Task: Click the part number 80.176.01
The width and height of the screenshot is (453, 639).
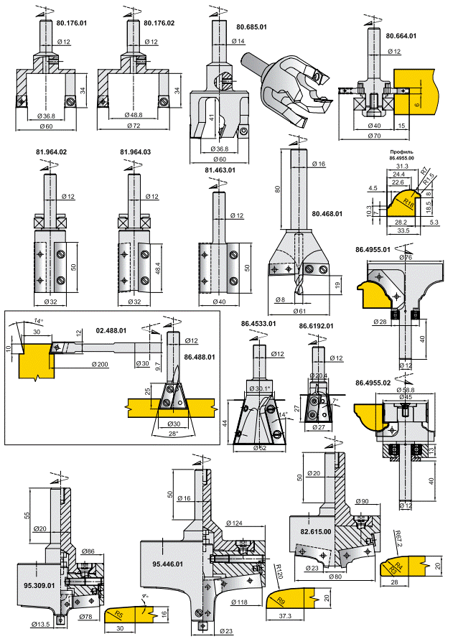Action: click(x=72, y=23)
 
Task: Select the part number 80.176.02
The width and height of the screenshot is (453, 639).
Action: click(x=159, y=23)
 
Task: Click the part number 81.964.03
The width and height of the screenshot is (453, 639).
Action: click(x=135, y=152)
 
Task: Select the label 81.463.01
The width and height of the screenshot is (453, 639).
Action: click(x=220, y=169)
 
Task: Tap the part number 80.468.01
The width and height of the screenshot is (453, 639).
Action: click(x=327, y=213)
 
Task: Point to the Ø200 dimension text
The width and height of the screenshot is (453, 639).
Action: click(x=102, y=365)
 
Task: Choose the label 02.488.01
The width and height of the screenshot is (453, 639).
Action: click(x=111, y=332)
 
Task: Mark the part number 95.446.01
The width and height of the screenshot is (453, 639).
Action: click(x=168, y=564)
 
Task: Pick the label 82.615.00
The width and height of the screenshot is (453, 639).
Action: click(x=316, y=532)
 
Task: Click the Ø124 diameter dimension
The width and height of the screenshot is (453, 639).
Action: click(x=233, y=523)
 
